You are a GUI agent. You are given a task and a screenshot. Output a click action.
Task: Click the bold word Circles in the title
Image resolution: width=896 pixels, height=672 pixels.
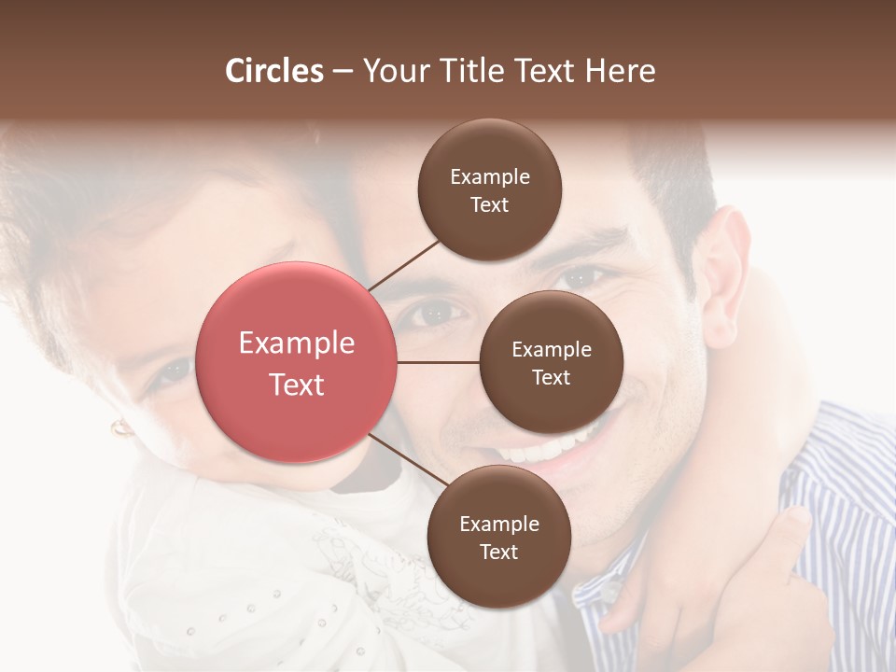point(274,71)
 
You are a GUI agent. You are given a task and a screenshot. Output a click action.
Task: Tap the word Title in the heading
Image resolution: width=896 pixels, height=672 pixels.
point(468,71)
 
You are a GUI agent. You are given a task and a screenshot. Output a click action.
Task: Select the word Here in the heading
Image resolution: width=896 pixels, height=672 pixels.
point(621,71)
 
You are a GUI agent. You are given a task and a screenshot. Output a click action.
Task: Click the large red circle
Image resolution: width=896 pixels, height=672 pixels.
point(297,362)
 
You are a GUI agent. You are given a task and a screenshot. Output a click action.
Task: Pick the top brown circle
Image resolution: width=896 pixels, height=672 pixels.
point(490,190)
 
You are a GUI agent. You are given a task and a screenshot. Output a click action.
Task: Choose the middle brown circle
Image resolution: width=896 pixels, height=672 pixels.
point(552,362)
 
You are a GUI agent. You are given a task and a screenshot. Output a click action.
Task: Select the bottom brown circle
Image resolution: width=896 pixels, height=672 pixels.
point(498,537)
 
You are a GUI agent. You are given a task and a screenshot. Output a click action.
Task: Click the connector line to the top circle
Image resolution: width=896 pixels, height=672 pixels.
point(403,265)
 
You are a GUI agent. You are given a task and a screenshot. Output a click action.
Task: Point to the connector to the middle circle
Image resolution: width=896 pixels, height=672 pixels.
point(439,362)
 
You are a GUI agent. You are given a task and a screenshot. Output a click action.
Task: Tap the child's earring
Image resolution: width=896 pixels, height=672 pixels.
point(121,428)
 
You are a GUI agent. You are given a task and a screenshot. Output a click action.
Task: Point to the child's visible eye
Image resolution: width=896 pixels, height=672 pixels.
point(172,373)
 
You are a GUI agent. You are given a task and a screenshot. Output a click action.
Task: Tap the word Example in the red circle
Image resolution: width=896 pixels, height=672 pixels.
point(297,343)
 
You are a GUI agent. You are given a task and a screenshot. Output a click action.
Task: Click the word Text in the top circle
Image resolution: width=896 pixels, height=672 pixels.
point(490,205)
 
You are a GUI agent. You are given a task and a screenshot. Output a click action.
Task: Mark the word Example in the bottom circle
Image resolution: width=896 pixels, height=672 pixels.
point(499,524)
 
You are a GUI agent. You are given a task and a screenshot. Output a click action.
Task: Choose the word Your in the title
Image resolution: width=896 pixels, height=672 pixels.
point(393,71)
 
